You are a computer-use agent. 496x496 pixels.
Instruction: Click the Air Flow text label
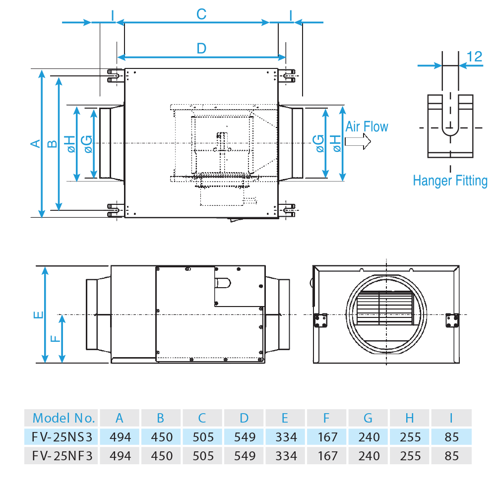[367, 126]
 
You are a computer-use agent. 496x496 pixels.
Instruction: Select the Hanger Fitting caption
[450, 181]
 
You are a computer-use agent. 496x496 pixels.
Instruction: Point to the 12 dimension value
[475, 57]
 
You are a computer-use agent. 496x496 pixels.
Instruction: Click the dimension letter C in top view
[201, 14]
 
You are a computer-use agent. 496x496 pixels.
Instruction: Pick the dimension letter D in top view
[201, 49]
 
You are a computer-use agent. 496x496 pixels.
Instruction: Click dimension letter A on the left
[35, 143]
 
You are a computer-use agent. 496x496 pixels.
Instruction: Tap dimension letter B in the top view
[52, 144]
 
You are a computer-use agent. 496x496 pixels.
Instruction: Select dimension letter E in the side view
[39, 314]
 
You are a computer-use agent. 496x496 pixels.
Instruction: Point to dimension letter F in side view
[56, 339]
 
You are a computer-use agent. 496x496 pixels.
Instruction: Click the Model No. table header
[63, 418]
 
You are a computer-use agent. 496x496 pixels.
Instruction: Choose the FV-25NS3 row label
[62, 437]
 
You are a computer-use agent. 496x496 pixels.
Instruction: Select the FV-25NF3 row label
[62, 455]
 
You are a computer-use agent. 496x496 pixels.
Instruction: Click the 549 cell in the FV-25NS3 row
[244, 437]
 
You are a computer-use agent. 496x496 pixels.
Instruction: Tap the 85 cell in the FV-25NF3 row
[451, 455]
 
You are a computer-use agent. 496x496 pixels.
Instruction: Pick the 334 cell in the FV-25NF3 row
[285, 455]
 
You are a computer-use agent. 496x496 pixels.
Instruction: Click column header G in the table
[368, 418]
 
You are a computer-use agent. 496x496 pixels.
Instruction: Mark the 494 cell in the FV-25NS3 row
[120, 437]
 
